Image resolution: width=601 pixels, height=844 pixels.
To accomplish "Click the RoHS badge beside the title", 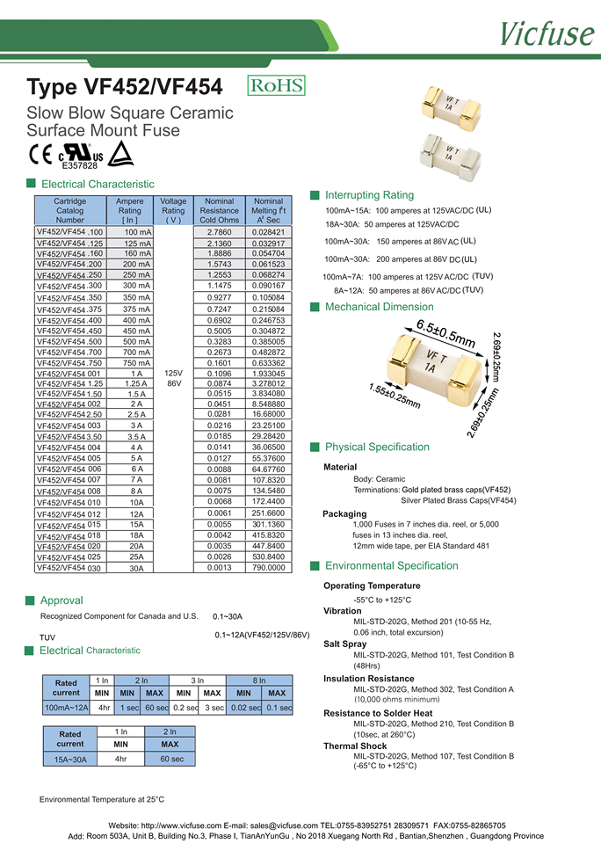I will point(277,85).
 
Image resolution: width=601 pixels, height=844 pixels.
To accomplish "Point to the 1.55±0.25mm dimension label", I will point(395,396).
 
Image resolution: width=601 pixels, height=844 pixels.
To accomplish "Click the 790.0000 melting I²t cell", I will point(269,568).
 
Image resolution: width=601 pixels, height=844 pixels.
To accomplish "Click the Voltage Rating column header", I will point(173,211).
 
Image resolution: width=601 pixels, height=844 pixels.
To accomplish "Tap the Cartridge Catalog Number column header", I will point(70,211).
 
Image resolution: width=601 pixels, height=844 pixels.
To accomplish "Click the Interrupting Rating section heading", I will point(369,194).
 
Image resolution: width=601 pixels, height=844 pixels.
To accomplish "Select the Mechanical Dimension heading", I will point(379,307).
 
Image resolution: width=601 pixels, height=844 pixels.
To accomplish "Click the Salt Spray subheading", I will point(346,644).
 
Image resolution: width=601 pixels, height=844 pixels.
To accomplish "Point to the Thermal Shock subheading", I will point(355,746).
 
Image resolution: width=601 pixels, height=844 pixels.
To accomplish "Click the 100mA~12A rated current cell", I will point(66,707).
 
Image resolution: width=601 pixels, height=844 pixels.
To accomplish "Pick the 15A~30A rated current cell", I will point(66,759).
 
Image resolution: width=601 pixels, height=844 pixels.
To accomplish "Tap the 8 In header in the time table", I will point(258,680).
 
